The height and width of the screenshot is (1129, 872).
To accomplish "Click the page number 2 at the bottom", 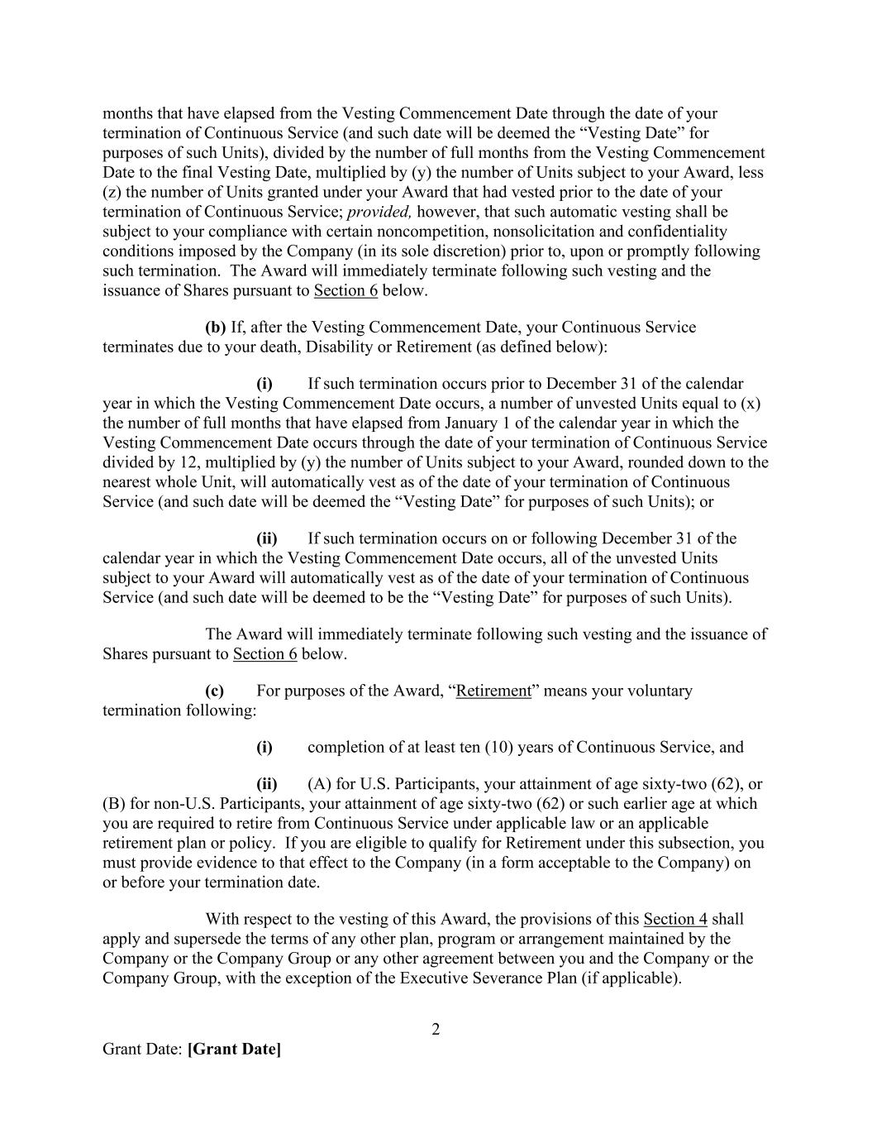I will tap(436, 1030).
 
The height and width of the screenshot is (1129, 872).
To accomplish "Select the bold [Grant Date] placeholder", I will tap(235, 1050).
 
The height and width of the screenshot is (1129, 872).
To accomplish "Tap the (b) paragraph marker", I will tap(215, 328).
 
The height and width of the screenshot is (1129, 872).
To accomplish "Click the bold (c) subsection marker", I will tap(214, 691).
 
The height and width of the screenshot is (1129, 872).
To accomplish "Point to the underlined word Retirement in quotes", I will tap(493, 691).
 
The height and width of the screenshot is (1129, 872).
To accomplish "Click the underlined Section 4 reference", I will tap(675, 919).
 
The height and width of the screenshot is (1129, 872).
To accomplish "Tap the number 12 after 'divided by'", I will tap(182, 462).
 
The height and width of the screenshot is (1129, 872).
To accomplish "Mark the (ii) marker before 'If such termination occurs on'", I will tap(266, 538).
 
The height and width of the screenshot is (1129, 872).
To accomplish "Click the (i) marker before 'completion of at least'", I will tap(264, 747).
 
